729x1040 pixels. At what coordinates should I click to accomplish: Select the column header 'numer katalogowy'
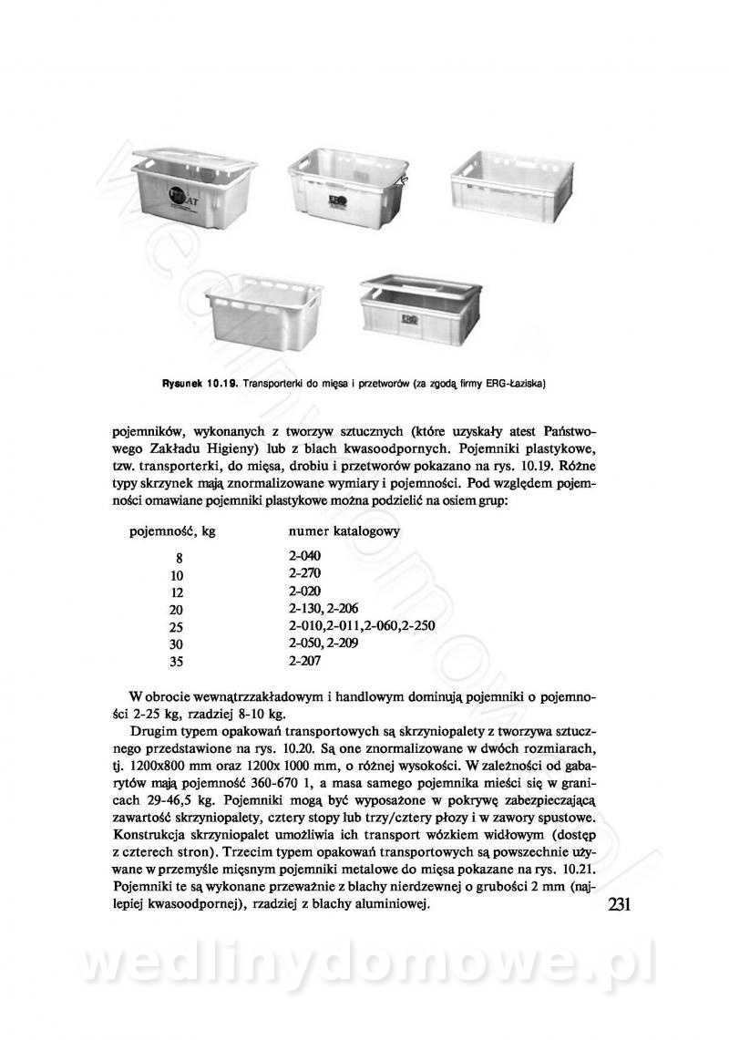click(342, 530)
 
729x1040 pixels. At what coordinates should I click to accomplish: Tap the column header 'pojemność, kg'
click(169, 530)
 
